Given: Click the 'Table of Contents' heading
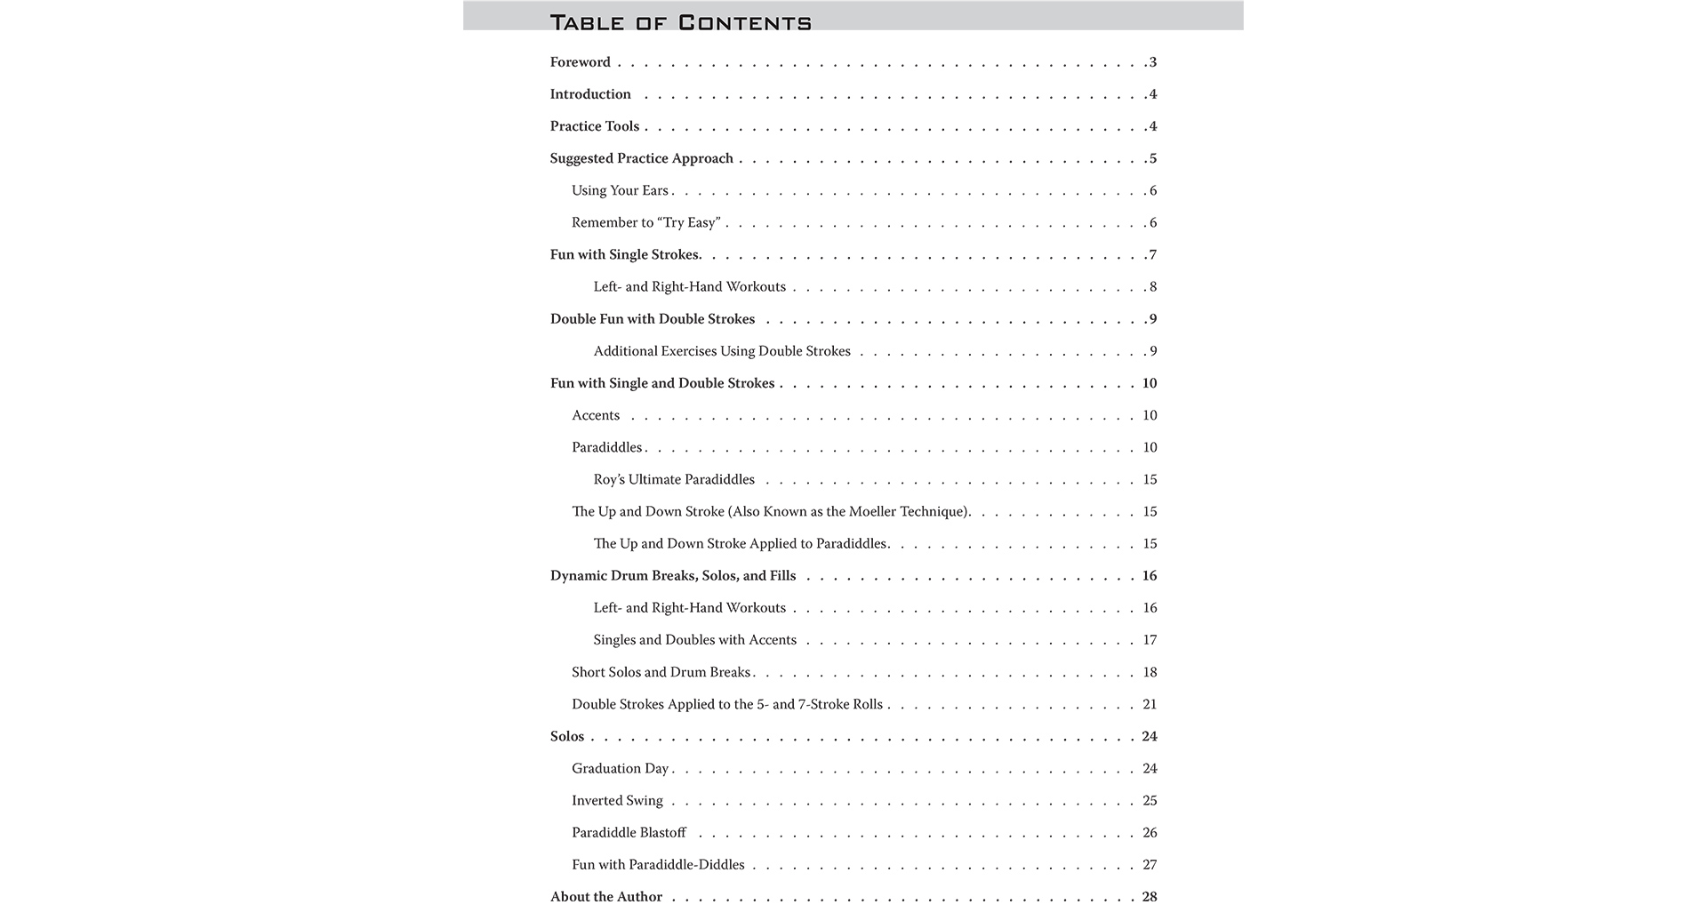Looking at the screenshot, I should (680, 22).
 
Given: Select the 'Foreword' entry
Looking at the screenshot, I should (580, 62).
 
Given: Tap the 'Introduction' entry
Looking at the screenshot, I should (590, 94).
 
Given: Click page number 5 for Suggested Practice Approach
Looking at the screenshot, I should (1153, 159).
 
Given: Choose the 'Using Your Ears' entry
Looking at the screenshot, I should (620, 191).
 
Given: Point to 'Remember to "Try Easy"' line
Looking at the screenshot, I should (645, 223).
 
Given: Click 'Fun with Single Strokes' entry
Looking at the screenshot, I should (625, 255).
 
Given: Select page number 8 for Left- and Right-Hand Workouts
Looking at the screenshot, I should (1153, 287).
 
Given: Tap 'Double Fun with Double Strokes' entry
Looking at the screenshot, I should (653, 319).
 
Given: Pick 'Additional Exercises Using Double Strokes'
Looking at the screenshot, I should (722, 351).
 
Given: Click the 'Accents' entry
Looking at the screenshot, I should (596, 415).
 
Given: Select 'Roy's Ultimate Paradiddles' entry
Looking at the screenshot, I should (674, 480).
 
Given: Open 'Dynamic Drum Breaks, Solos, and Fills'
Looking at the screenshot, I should (673, 576).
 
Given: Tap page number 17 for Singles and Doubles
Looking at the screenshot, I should (1150, 640).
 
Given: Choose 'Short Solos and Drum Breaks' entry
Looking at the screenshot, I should (661, 672).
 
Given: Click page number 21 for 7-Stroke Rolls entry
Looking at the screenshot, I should (1150, 704).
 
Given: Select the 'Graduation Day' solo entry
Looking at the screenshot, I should (620, 769).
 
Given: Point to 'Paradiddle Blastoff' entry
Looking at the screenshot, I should (629, 833).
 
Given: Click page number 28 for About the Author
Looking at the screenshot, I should (1150, 897).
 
